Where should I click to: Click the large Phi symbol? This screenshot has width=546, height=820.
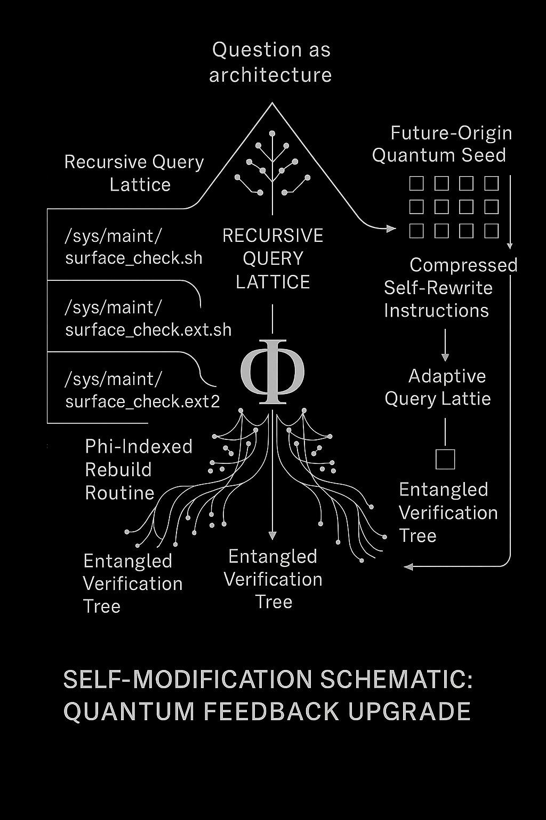tap(272, 372)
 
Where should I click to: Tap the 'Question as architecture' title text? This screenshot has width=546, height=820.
tap(271, 62)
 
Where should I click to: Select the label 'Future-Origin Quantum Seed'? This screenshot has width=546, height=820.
tap(442, 144)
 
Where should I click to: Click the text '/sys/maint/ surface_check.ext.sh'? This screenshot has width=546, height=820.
tap(148, 319)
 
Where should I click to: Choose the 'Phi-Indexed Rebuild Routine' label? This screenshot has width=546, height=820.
tap(139, 470)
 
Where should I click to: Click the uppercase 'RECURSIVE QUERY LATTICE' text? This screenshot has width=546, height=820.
tap(273, 259)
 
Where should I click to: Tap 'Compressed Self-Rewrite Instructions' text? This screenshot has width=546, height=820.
tap(451, 288)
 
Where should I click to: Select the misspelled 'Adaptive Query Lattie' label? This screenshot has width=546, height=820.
tap(438, 387)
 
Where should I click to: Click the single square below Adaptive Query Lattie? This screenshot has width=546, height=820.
tap(445, 459)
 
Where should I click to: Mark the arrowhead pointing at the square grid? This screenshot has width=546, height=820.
tap(391, 229)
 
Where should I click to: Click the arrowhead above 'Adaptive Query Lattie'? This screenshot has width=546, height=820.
tap(445, 357)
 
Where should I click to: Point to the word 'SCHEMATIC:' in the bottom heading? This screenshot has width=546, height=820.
tap(396, 680)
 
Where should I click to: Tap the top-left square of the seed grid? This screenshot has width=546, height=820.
tap(416, 183)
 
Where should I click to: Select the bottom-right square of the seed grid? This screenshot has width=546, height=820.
tap(492, 231)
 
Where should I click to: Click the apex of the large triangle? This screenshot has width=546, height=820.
tap(272, 103)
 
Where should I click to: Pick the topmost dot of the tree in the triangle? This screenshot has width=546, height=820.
tap(272, 133)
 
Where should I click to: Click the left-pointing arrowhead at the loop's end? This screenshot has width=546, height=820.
tap(408, 566)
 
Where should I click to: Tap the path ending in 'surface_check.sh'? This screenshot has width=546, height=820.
tap(133, 247)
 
